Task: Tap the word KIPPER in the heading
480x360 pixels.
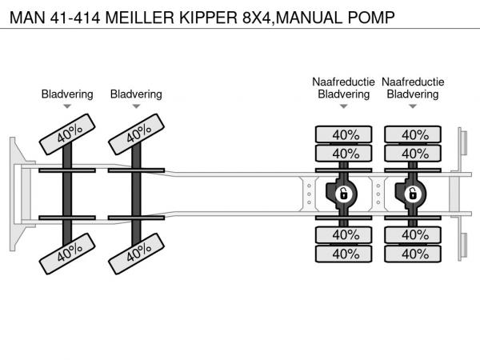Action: click(x=210, y=15)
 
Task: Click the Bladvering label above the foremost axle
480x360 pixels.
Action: click(x=67, y=94)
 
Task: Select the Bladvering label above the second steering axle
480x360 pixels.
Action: click(x=136, y=94)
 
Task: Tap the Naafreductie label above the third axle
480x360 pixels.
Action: click(x=343, y=82)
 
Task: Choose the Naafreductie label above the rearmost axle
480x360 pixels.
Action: click(x=413, y=82)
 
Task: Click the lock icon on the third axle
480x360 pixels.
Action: click(x=343, y=194)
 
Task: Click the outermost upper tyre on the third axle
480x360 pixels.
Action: click(x=344, y=134)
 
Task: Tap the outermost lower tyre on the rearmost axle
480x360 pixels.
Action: click(x=414, y=254)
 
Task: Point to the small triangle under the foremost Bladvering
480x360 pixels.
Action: click(x=67, y=106)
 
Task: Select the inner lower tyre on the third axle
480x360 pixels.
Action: click(x=344, y=234)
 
